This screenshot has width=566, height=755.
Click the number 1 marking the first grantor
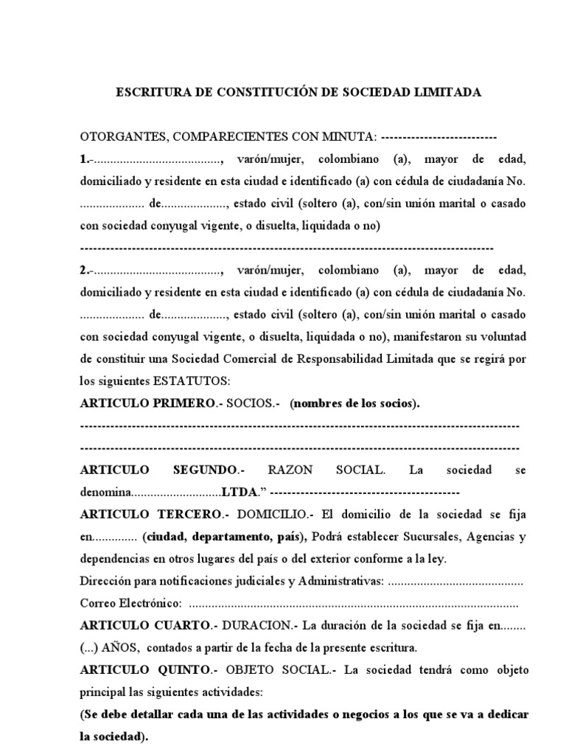(x=83, y=159)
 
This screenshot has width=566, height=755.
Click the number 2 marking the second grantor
(x=83, y=271)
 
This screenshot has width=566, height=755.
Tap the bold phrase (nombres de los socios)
(x=354, y=404)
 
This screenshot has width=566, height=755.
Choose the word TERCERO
(x=189, y=515)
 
